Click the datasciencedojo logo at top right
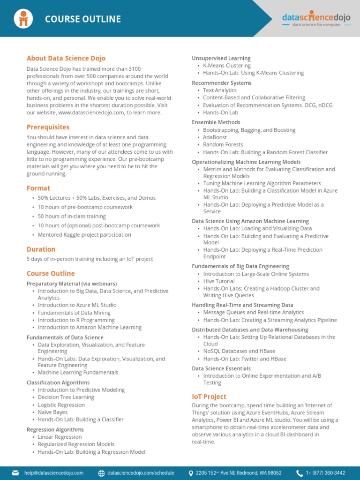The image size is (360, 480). (316, 18)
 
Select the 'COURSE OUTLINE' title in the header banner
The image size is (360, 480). (83, 19)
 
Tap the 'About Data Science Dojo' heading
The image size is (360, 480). (66, 58)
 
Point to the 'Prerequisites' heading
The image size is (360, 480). (48, 127)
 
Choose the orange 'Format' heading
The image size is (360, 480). (38, 188)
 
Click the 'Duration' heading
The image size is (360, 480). (41, 249)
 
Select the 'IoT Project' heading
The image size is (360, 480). (209, 396)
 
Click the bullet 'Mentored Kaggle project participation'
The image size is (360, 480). (84, 234)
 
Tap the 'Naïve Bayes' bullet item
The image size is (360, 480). (52, 412)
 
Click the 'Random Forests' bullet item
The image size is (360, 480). (223, 145)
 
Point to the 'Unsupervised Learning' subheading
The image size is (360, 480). (221, 58)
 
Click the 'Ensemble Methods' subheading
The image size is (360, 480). (216, 122)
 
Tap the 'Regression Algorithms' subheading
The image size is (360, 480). (55, 429)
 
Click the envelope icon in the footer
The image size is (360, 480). (15, 473)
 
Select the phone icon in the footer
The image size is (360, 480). (299, 473)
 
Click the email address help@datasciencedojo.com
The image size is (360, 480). (54, 473)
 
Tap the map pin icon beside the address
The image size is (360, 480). (191, 473)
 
